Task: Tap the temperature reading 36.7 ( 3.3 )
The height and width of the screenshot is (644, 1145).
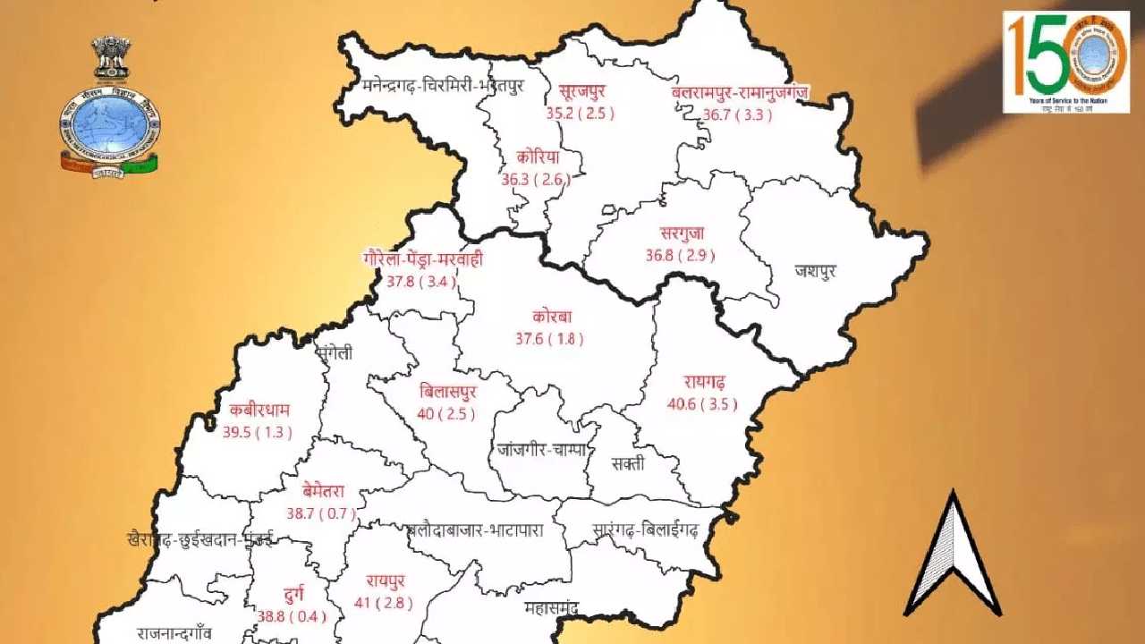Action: tap(732, 114)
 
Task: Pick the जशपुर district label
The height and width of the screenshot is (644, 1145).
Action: tap(815, 271)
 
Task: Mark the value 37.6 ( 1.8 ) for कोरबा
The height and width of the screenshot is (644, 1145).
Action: tap(549, 339)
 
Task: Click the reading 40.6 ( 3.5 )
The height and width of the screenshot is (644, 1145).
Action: tap(702, 404)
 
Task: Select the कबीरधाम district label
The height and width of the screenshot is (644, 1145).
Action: tap(259, 411)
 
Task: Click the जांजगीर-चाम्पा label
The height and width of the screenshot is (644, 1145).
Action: tap(542, 450)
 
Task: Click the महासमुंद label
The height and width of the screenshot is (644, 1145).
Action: tap(551, 609)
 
